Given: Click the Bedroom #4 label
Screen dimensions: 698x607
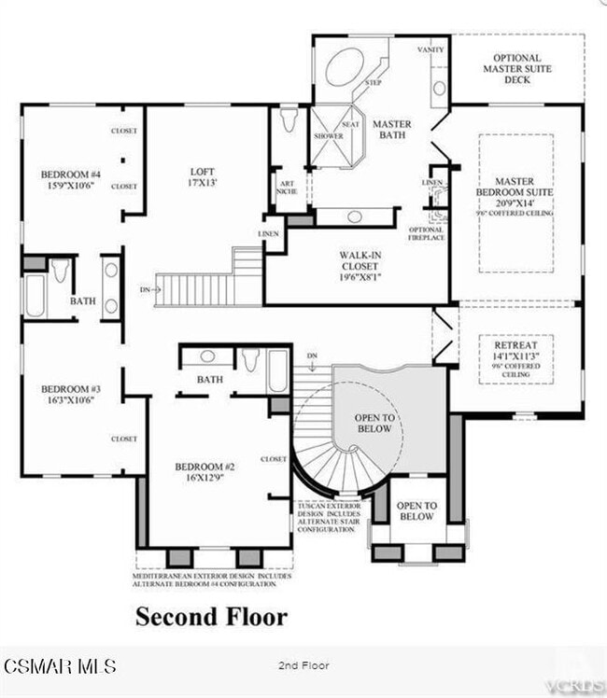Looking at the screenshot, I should click(x=70, y=180).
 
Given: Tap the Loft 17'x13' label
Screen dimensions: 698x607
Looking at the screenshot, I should click(x=203, y=177).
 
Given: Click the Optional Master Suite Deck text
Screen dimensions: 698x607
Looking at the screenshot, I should click(x=516, y=68).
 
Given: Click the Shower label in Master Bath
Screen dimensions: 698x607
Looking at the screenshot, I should click(x=328, y=136).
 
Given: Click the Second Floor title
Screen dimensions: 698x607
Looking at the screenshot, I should click(x=211, y=617).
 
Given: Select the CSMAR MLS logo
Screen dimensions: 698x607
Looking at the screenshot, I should click(x=60, y=665).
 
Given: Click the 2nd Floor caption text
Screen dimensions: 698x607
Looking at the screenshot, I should click(x=303, y=665).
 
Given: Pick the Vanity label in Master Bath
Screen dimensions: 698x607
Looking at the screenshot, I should click(x=431, y=49).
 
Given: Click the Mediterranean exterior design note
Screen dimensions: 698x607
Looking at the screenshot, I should click(x=211, y=580).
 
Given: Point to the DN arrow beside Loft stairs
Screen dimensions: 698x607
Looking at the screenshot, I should click(x=150, y=290).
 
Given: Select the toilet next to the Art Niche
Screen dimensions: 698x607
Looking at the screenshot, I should click(x=289, y=121).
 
